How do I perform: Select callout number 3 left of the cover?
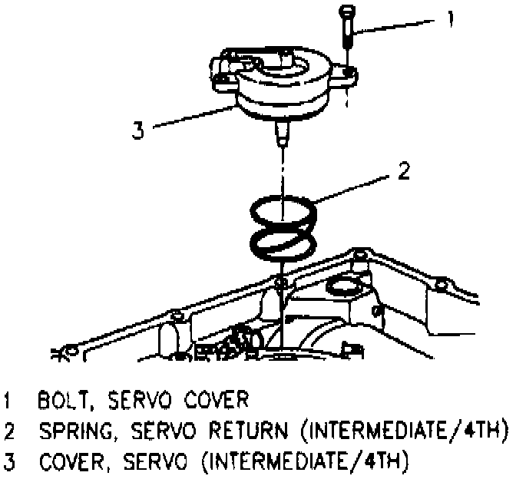pos(137,130)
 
